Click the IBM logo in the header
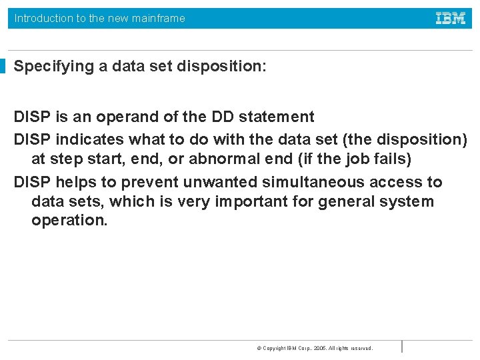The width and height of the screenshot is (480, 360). tap(451, 18)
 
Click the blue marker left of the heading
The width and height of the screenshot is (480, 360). tap(3, 66)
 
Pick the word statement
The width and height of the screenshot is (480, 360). tap(277, 117)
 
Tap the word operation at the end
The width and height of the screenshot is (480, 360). tap(69, 221)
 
